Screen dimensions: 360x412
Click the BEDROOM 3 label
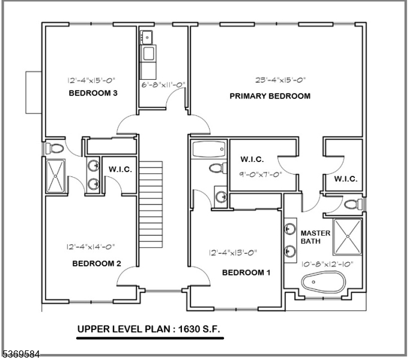pos(92,94)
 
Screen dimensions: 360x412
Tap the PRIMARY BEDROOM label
pos(270,96)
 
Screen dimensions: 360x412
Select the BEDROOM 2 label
pos(97,263)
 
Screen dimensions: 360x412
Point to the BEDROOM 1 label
pos(246,272)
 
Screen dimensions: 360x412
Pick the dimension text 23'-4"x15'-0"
pos(273,79)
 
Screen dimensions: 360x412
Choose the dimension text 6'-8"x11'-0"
pos(162,86)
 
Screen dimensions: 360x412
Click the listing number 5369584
pos(20,355)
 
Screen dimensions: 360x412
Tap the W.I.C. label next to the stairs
pos(120,169)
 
